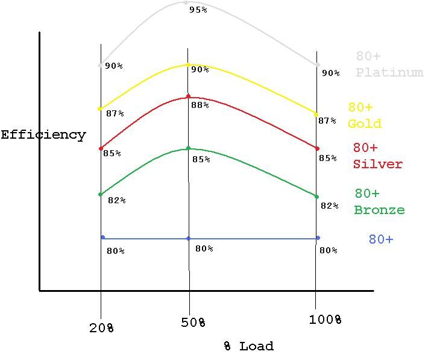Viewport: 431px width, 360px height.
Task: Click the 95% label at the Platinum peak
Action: (198, 10)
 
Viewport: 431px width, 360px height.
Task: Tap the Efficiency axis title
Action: (43, 134)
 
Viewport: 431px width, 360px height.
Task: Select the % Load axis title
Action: (248, 346)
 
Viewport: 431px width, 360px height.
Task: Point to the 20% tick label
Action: (101, 327)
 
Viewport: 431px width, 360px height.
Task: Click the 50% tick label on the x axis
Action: (193, 323)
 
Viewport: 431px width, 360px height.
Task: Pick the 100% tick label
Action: (326, 320)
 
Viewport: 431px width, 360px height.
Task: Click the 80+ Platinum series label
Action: (389, 65)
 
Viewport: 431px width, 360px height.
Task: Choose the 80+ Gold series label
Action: (364, 115)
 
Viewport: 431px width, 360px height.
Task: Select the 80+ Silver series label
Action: (377, 156)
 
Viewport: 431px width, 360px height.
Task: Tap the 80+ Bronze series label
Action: (379, 201)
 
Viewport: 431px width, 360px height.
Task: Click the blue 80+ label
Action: (380, 239)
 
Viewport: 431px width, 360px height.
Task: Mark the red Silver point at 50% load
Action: (188, 96)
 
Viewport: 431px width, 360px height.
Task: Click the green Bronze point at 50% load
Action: (188, 148)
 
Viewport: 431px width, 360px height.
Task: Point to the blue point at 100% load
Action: (318, 238)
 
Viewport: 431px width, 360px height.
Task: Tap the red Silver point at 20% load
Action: (101, 148)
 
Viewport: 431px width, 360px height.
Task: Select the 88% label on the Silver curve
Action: (200, 105)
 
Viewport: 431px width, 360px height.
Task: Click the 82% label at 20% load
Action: (116, 200)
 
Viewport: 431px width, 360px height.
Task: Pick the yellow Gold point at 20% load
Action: (99, 109)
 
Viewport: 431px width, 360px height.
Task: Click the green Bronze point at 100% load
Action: (316, 196)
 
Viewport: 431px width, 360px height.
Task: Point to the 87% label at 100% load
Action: (327, 121)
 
